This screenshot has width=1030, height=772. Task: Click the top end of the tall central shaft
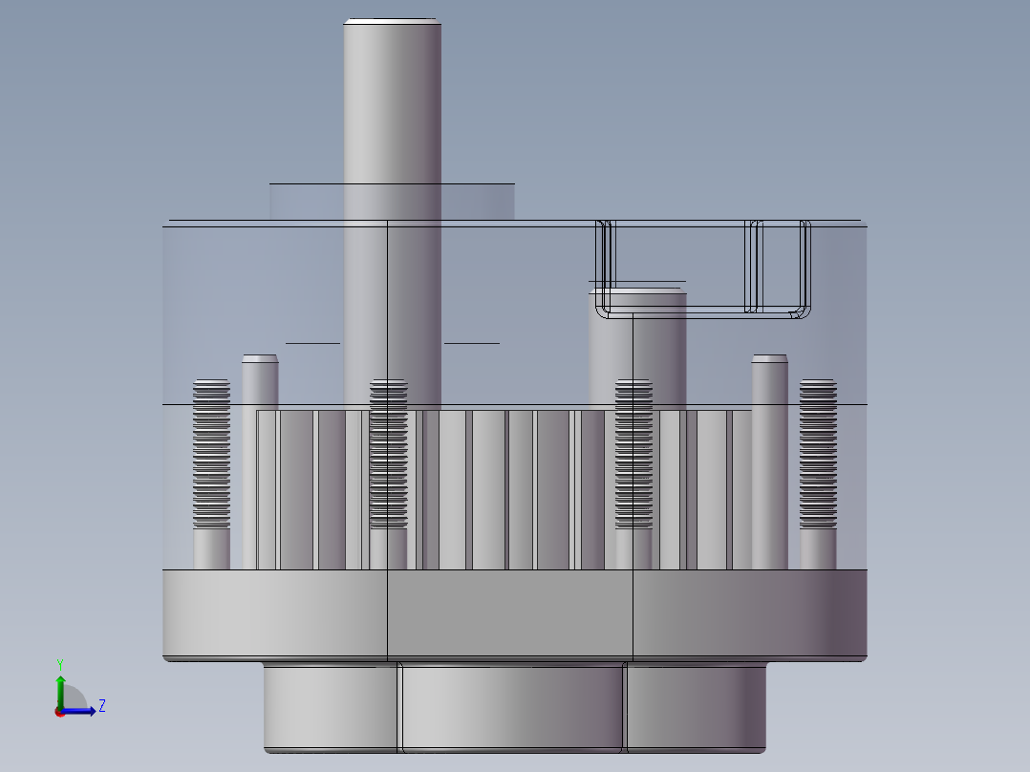coord(392,22)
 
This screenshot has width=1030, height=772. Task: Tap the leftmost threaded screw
coord(211,455)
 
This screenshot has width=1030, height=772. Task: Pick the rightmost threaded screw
coord(818,455)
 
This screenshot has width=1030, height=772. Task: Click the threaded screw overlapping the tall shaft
coord(389,455)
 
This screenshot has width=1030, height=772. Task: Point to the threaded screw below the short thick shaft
coord(634,455)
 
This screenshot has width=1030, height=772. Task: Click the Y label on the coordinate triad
coord(59,663)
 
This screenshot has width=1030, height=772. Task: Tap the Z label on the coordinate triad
coord(101,706)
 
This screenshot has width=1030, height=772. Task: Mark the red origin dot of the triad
coord(59,712)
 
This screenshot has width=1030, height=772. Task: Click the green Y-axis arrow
coord(59,685)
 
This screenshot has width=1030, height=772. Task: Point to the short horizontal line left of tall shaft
coord(312,342)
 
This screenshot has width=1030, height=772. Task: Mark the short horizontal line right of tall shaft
coord(471,342)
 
